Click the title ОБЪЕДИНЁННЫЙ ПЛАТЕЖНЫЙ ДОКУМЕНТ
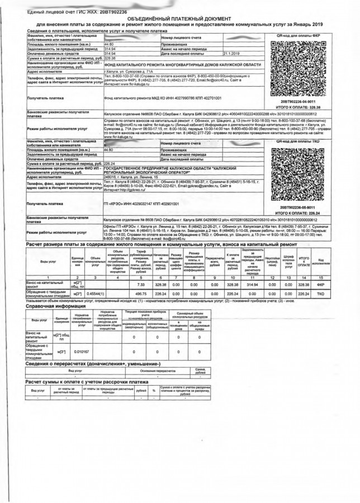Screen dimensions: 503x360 (180, 18)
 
